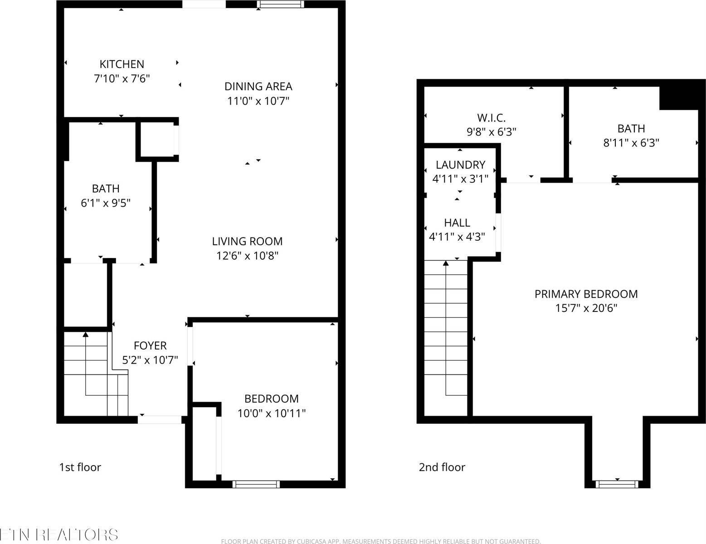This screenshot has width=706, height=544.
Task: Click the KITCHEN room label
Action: (x=122, y=64)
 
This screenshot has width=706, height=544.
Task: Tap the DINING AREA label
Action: (x=258, y=86)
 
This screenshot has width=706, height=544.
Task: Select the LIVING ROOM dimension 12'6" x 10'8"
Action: (x=247, y=256)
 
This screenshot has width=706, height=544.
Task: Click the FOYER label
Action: (x=150, y=345)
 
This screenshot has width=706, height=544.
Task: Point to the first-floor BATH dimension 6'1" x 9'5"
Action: (x=106, y=203)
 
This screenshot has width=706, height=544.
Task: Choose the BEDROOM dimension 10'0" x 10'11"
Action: (x=271, y=413)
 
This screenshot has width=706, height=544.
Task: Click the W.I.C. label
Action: (x=491, y=118)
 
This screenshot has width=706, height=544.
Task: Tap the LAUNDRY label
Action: (x=460, y=165)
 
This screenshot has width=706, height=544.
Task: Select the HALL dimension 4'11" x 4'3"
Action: (x=457, y=237)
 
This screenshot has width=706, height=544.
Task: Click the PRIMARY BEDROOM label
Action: (x=586, y=294)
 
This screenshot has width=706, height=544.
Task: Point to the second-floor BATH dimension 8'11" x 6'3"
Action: (x=631, y=143)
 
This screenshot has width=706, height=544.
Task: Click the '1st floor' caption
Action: (x=80, y=467)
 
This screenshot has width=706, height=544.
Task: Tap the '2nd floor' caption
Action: (x=442, y=467)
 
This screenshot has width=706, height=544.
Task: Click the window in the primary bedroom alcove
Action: (x=617, y=484)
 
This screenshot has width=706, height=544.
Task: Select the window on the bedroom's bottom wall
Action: (x=256, y=484)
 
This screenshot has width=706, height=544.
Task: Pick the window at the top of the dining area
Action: (x=280, y=5)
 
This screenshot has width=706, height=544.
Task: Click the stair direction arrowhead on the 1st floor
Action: (x=86, y=335)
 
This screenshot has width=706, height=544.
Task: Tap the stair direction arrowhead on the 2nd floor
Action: (x=446, y=263)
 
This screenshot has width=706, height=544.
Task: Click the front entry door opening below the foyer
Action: (x=160, y=420)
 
